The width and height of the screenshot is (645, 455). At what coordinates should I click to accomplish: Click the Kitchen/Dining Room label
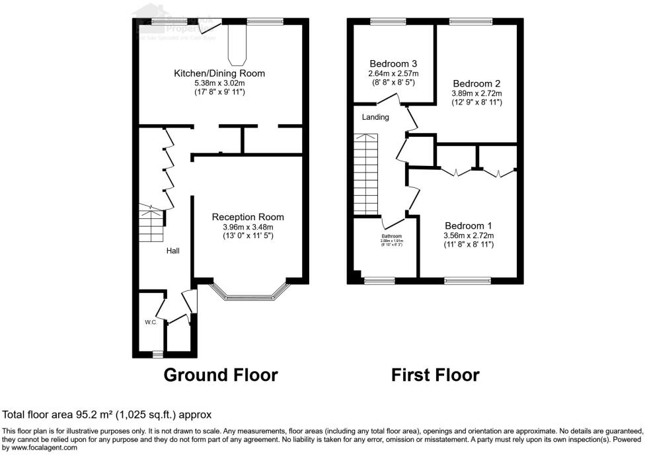point(219,73)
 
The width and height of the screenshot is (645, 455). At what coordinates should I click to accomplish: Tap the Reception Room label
point(248,217)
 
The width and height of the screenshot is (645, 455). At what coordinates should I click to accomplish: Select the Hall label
point(172,251)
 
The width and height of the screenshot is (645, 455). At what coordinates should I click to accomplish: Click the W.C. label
point(151,322)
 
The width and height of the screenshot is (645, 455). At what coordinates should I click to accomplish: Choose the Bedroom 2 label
point(476,84)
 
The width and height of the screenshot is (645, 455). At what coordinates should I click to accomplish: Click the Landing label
point(375,117)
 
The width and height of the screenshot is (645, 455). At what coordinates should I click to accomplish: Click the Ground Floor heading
point(221,375)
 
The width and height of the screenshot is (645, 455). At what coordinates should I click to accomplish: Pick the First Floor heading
point(436,375)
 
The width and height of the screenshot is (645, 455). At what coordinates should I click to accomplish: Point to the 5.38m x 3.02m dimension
point(219,83)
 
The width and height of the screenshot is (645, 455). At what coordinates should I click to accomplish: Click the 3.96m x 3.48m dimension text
point(248,227)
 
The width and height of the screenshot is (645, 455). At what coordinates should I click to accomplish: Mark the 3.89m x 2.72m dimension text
point(476,94)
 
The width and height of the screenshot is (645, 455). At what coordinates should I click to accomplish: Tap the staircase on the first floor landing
point(367,173)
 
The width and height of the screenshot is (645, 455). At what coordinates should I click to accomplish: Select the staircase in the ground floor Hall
point(151,225)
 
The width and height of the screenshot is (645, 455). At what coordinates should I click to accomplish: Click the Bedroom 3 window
point(388,22)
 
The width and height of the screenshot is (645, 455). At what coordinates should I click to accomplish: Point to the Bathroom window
point(379,280)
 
